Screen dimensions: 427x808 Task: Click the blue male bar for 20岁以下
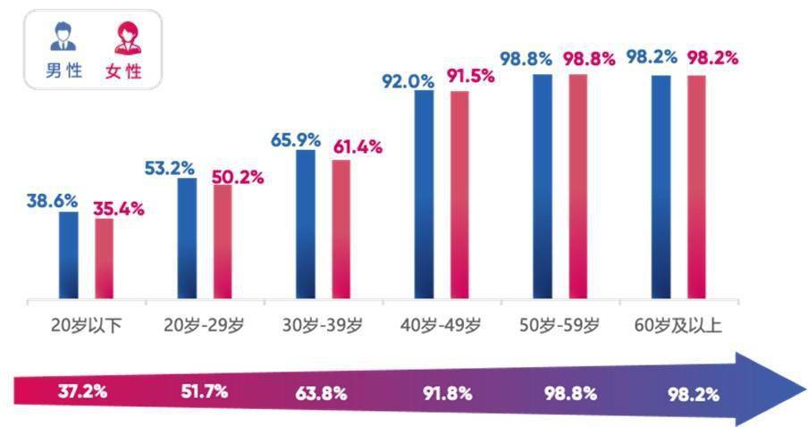click(x=69, y=255)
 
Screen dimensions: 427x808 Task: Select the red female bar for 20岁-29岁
click(x=223, y=241)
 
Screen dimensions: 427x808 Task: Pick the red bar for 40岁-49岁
click(x=459, y=194)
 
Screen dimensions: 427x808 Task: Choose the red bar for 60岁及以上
click(x=696, y=187)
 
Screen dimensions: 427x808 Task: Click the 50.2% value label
click(x=238, y=177)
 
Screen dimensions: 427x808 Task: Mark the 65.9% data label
click(x=295, y=139)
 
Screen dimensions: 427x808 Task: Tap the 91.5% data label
click(x=470, y=76)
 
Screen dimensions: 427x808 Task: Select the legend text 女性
click(x=124, y=71)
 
